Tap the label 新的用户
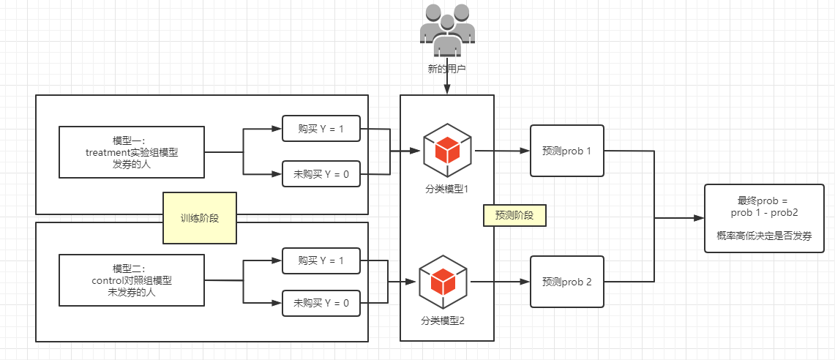tap(446, 70)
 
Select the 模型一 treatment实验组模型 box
tap(132, 152)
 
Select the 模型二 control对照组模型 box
tap(132, 280)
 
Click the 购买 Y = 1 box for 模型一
tap(321, 130)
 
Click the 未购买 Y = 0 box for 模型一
tap(321, 174)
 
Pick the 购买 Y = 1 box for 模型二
tap(321, 260)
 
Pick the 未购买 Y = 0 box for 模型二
tap(321, 303)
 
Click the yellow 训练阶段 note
tap(200, 218)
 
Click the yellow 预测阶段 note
tap(515, 216)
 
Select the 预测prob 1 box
tap(567, 151)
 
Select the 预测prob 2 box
tap(567, 281)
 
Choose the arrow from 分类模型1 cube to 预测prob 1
tap(502, 151)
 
